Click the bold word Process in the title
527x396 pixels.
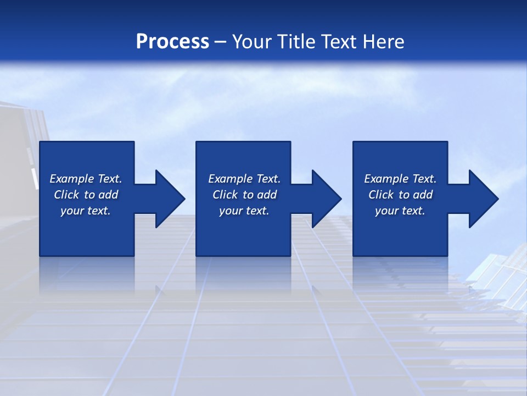click(x=172, y=42)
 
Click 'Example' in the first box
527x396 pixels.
click(x=72, y=179)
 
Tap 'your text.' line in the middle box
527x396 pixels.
click(x=244, y=211)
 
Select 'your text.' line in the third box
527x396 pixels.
click(x=400, y=211)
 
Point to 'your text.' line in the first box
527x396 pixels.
click(x=85, y=211)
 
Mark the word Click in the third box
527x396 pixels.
click(x=382, y=195)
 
